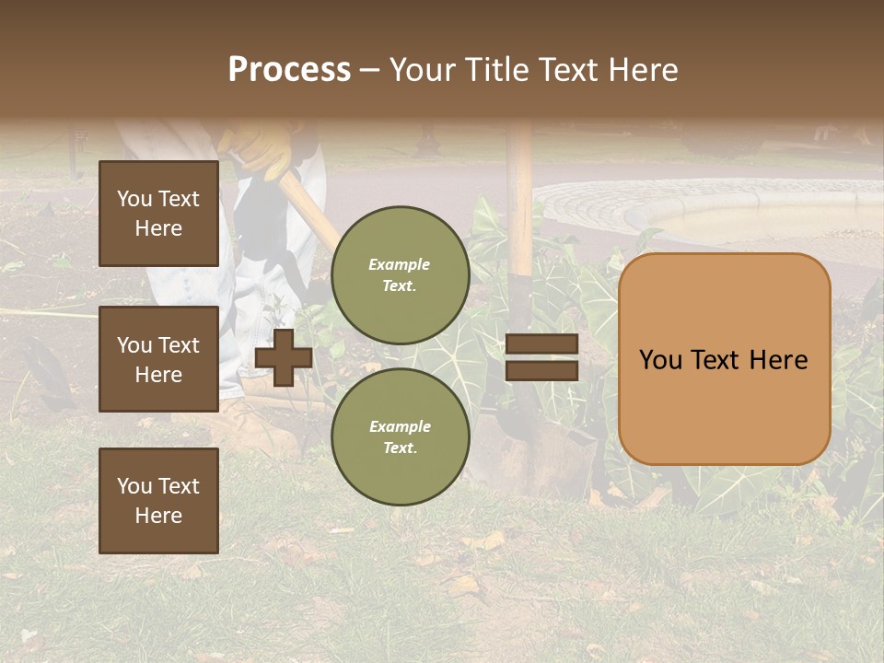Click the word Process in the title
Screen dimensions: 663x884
tap(289, 69)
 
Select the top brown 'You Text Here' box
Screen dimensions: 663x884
tap(158, 214)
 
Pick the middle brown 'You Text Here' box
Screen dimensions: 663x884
tap(158, 359)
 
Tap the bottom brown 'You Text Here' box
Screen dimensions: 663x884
tap(158, 500)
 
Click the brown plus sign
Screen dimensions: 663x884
tap(284, 357)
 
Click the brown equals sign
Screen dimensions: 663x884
tap(541, 357)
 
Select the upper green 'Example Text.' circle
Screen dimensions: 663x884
tap(400, 274)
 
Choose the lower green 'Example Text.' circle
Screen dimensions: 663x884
tap(400, 436)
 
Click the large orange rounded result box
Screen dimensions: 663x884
tap(724, 359)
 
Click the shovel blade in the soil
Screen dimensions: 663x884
tap(543, 451)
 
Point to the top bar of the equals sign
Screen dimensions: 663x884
tap(541, 344)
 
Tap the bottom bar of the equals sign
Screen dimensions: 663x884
tap(541, 370)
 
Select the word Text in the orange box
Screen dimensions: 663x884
tap(724, 360)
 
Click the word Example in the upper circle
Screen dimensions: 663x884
tap(400, 264)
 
